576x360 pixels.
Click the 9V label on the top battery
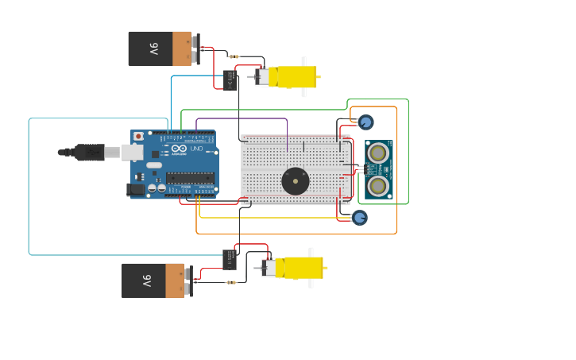[x=153, y=48]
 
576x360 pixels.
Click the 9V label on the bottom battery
[x=146, y=281]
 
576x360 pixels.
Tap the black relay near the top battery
[x=230, y=80]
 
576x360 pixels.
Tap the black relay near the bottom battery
[x=230, y=259]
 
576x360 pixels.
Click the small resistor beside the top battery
[x=234, y=56]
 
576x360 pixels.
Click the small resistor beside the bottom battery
[x=231, y=282]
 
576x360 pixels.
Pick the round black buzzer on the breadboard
[x=296, y=180]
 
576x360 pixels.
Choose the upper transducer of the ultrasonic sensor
[x=379, y=153]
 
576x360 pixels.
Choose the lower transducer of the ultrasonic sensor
[x=379, y=185]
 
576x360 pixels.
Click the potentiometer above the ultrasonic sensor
[x=365, y=122]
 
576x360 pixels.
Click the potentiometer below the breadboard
[x=360, y=217]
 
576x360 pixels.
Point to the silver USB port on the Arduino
[x=132, y=152]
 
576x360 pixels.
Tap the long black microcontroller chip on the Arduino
[x=190, y=177]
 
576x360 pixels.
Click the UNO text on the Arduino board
[x=196, y=149]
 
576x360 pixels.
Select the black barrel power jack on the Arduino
[x=137, y=189]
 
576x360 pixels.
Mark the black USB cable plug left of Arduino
[x=89, y=152]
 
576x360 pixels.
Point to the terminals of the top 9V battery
[x=195, y=48]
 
